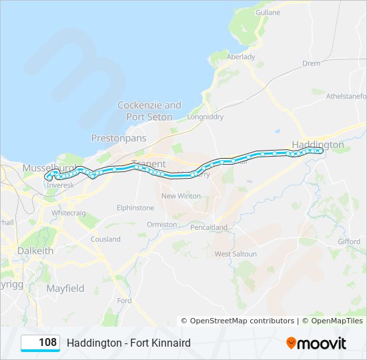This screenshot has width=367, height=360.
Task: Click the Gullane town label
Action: tap(268, 12)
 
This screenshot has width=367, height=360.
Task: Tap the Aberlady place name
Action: tap(241, 57)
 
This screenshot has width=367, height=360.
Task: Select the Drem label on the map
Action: tap(311, 63)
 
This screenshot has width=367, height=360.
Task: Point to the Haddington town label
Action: tap(318, 144)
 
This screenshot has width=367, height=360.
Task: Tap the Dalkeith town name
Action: tap(35, 251)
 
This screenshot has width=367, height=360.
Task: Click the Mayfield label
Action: tap(65, 289)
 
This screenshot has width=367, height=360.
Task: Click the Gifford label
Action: tap(348, 241)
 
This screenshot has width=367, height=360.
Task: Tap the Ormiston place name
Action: tap(162, 225)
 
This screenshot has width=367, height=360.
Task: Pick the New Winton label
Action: tap(181, 196)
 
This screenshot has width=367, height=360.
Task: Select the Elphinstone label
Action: tap(135, 208)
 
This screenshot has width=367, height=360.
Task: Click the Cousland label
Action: tap(105, 239)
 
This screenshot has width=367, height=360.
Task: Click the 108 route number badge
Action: tap(41, 343)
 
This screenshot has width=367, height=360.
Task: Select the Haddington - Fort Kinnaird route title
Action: tap(129, 343)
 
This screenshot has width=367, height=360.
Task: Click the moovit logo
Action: tap(316, 343)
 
